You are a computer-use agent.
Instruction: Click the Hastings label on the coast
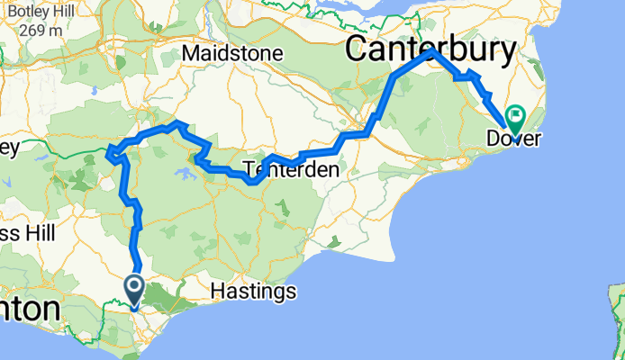point(252,291)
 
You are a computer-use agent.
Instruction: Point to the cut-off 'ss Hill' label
point(27,234)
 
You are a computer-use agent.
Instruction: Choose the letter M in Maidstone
point(189,54)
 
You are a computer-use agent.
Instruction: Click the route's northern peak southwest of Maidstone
point(178,122)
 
